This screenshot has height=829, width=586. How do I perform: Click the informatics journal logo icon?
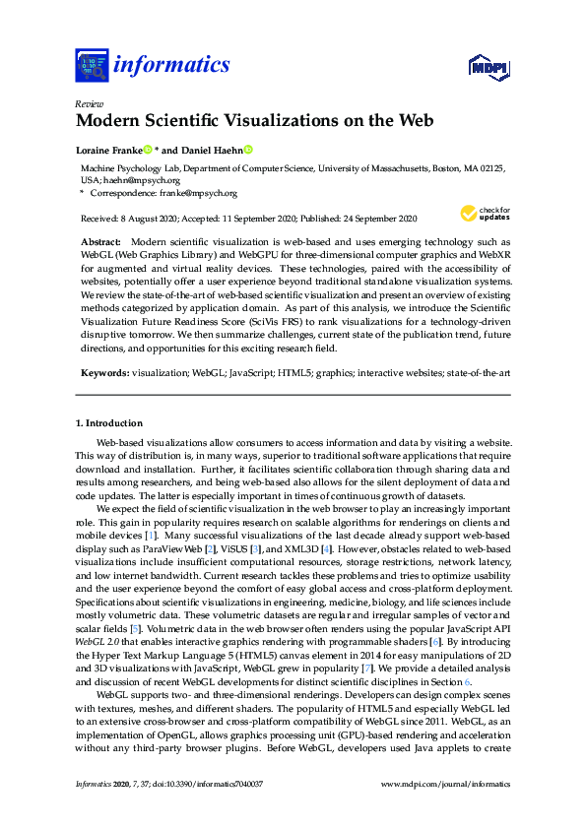(91, 66)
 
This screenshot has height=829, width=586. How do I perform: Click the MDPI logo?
(488, 67)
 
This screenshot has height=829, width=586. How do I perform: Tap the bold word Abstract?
(100, 242)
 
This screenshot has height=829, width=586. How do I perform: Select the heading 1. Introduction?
(108, 422)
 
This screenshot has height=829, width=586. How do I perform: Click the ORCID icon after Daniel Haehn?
(248, 151)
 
